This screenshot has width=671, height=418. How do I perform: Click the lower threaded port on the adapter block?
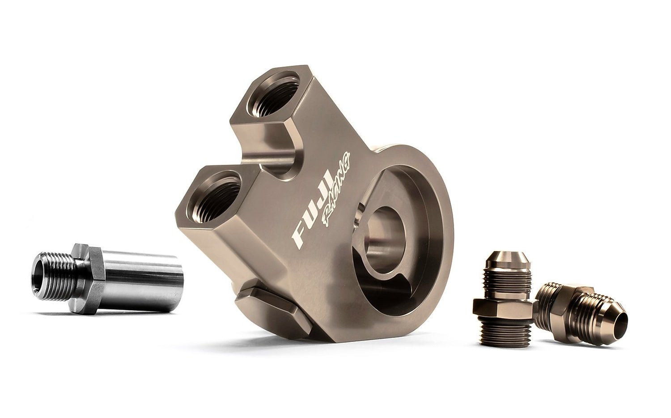pyautogui.click(x=213, y=196)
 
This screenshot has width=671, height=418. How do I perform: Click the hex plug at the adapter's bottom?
pyautogui.click(x=273, y=313)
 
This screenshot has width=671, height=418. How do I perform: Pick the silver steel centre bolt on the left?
pyautogui.click(x=107, y=279)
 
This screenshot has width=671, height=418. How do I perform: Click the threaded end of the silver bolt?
pyautogui.click(x=54, y=276)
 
